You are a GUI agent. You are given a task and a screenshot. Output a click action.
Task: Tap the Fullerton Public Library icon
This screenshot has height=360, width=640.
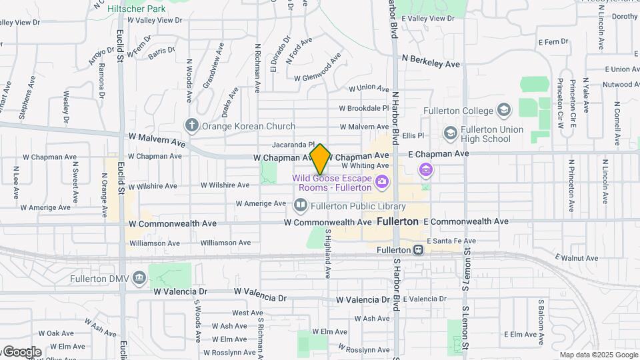301,205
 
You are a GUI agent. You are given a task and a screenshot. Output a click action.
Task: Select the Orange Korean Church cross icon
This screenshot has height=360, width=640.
192,125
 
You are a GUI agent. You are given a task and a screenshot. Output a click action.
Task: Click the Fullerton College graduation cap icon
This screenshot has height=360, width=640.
504,110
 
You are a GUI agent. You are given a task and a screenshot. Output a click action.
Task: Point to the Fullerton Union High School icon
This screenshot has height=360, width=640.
451,133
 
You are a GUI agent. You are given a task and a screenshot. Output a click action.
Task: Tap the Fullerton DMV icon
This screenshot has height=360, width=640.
139,277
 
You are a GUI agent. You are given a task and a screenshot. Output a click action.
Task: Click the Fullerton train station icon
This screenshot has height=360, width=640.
418,250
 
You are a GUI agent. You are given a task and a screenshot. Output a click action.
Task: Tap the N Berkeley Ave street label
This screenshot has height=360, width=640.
431,64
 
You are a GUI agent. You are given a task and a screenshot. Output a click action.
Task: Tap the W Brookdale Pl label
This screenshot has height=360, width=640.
363,108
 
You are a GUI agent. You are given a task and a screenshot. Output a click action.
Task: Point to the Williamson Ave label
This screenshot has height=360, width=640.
225,243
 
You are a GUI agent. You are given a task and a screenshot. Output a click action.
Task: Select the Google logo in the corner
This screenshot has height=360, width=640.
21,352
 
